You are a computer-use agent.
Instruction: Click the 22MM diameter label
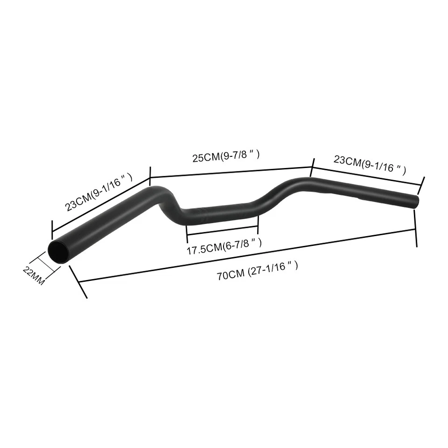coord(34,277)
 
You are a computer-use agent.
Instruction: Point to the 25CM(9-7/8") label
coord(225,157)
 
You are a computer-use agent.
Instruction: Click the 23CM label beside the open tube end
coord(99,193)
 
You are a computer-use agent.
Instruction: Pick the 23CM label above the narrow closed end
coord(369,164)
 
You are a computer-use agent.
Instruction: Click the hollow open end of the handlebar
coord(59,252)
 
